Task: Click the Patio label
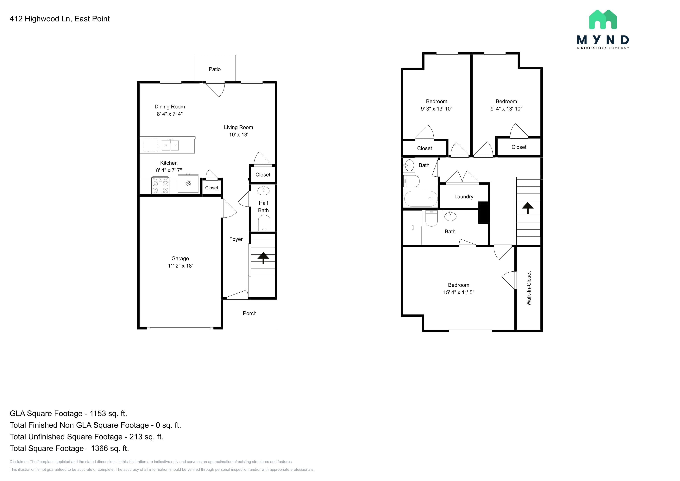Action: [215, 69]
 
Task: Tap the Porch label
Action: [250, 313]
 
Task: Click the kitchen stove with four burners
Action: [160, 185]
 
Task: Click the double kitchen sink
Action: [170, 145]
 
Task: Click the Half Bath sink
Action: [263, 190]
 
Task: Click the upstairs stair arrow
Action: [527, 208]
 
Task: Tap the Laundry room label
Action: [464, 197]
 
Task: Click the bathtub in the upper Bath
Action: [421, 199]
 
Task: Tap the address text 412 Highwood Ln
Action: [40, 19]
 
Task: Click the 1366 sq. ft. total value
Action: [110, 448]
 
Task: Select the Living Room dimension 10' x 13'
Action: [238, 135]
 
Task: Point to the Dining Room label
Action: [170, 107]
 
